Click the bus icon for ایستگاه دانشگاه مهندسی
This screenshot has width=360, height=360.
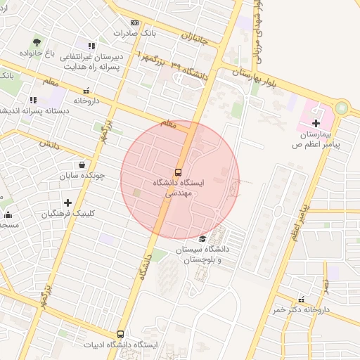178,171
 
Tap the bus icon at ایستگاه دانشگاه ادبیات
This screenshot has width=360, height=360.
120,335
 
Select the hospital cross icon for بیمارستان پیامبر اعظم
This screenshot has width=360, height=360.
316,123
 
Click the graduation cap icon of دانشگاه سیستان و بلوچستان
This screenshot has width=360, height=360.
202,238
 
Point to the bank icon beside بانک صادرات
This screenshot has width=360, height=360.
134,23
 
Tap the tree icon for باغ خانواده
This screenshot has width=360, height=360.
36,42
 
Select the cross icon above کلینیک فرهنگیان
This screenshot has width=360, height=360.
67,202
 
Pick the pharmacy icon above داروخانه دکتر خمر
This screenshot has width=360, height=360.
302,300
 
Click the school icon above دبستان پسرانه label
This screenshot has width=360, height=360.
32,100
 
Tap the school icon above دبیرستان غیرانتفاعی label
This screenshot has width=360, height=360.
91,46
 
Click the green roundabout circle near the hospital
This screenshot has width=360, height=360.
342,108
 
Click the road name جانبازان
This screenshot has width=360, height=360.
194,36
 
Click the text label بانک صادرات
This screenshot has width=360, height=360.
132,33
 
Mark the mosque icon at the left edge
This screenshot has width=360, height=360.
7,214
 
